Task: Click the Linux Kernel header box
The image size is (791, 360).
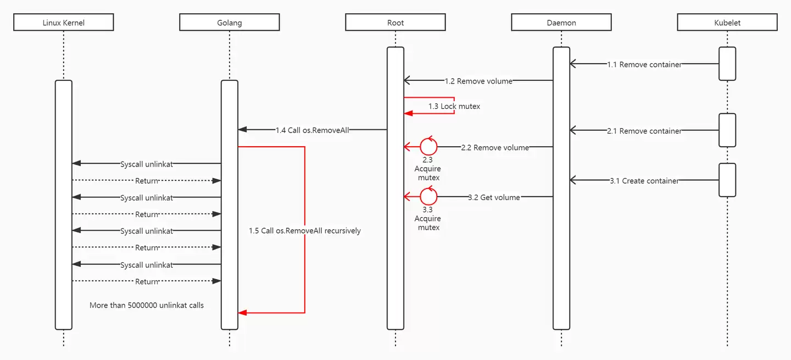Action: tap(64, 22)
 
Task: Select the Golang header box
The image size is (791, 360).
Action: tap(230, 22)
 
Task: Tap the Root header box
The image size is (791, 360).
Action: tap(396, 22)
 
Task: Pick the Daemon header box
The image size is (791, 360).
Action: tap(561, 22)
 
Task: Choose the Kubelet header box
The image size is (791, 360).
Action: tap(727, 22)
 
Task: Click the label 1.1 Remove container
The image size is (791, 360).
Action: tap(644, 64)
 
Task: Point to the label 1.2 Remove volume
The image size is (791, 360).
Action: tap(478, 81)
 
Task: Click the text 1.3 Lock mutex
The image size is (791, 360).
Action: tap(454, 106)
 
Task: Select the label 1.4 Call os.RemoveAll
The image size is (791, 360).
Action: tap(312, 130)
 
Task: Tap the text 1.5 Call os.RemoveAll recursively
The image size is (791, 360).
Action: tap(305, 231)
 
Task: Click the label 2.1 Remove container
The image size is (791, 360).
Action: tap(644, 131)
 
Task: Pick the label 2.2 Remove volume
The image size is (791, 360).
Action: tap(495, 147)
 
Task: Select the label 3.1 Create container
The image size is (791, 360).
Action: tap(644, 180)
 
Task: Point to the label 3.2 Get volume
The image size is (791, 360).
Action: tap(494, 197)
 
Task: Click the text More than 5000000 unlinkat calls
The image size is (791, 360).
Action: tap(147, 305)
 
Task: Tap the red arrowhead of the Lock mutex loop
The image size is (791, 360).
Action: tap(408, 113)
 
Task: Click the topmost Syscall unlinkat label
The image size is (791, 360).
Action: tap(147, 164)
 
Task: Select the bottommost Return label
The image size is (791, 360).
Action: tap(147, 281)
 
